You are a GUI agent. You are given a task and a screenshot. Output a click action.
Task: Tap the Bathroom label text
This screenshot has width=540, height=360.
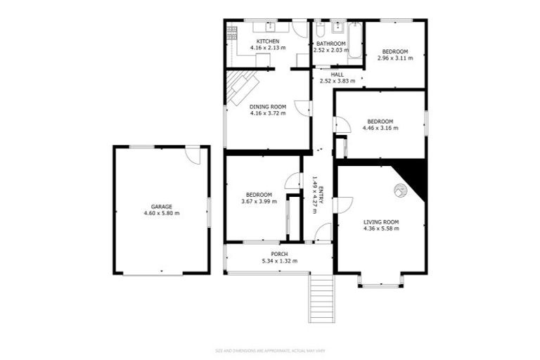pyautogui.click(x=331, y=42)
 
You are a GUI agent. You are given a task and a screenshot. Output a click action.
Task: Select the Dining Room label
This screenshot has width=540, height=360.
pyautogui.click(x=267, y=106)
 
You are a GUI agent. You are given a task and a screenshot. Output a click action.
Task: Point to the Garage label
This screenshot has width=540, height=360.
pyautogui.click(x=161, y=206)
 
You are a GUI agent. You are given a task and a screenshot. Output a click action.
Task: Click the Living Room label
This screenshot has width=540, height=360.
pyautogui.click(x=381, y=222)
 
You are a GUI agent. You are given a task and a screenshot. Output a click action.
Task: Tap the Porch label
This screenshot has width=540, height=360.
pyautogui.click(x=279, y=254)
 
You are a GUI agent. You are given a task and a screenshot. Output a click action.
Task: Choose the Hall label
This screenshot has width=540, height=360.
pyautogui.click(x=337, y=74)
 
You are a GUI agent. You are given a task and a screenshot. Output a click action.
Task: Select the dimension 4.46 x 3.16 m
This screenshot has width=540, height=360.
pyautogui.click(x=380, y=128)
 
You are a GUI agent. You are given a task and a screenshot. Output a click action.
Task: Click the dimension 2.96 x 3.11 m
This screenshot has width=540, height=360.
pyautogui.click(x=397, y=58)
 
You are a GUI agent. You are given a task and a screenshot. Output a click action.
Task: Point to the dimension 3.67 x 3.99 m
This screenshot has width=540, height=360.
pyautogui.click(x=259, y=201)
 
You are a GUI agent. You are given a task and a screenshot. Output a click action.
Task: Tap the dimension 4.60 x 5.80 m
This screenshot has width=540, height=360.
pyautogui.click(x=161, y=213)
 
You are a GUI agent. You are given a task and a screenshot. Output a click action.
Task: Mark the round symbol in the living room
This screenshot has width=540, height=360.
pyautogui.click(x=399, y=189)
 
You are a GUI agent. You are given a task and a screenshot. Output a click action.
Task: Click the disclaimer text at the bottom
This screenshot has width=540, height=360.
pyautogui.click(x=270, y=350)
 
